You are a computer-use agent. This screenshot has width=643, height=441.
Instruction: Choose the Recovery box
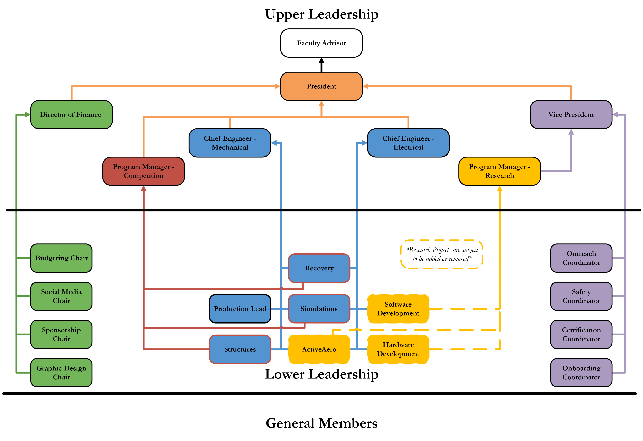pyautogui.click(x=319, y=268)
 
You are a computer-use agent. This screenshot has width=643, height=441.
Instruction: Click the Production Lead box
pyautogui.click(x=240, y=309)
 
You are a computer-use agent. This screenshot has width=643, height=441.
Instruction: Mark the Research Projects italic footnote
pyautogui.click(x=442, y=254)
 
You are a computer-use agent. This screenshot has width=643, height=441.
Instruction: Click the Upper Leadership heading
pyautogui.click(x=321, y=14)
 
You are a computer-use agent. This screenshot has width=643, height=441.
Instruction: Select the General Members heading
pyautogui.click(x=321, y=423)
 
